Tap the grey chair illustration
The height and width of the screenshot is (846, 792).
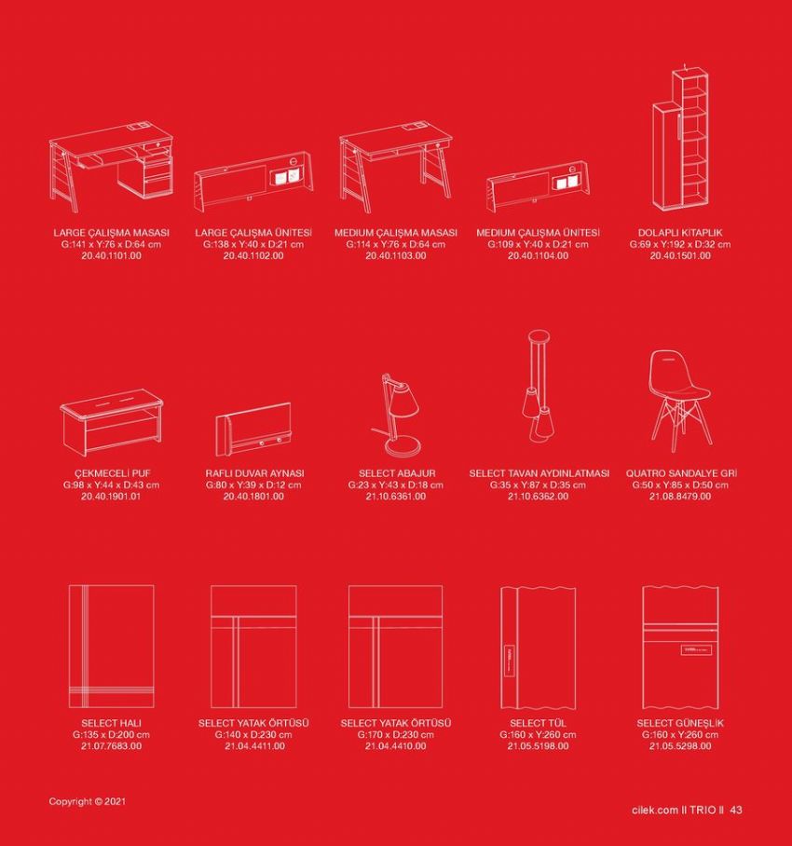680,401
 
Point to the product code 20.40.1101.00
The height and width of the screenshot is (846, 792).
111,255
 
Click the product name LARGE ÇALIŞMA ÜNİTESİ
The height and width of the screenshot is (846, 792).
253,233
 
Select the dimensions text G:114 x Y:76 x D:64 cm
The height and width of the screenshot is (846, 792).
395,244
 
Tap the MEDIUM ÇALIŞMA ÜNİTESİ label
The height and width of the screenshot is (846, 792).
538,233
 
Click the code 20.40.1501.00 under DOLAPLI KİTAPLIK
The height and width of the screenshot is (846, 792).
680,255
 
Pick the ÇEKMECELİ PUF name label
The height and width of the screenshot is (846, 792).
112,473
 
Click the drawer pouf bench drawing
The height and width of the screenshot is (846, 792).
112,422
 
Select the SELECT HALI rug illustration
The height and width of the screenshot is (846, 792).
111,647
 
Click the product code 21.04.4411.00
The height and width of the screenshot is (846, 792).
254,746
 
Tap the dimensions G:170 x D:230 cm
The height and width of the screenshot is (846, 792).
395,735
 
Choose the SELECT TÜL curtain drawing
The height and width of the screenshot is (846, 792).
538,648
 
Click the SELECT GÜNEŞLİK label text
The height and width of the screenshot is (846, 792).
680,723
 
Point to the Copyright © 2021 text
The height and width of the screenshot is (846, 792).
87,802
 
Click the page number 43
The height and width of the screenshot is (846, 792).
735,810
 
